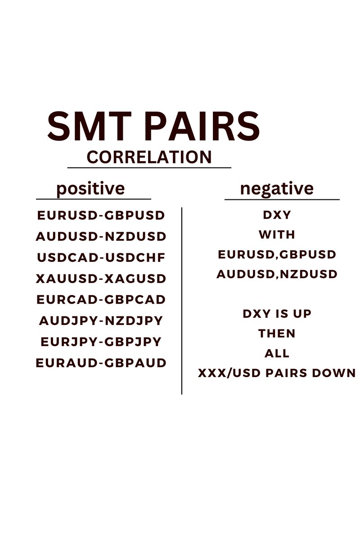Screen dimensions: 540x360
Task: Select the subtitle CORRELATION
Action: (149, 157)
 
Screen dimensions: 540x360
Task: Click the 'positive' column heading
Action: (90, 188)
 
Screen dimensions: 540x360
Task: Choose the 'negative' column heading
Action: (277, 188)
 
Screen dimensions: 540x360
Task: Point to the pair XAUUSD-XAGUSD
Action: (101, 279)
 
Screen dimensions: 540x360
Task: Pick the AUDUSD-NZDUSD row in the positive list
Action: (101, 236)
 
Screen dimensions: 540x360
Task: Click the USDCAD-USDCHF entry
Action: (101, 258)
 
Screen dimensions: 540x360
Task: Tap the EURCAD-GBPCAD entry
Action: (101, 299)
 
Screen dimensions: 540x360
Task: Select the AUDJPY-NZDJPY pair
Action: (101, 321)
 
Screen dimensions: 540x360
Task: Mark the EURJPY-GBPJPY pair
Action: (101, 342)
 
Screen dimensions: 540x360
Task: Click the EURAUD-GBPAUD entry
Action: (101, 363)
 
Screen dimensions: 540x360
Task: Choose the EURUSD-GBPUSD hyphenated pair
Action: (101, 215)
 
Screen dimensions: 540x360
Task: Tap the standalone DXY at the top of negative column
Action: (277, 215)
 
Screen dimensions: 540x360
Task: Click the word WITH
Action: (277, 234)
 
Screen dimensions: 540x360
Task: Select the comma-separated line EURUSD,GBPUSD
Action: (277, 255)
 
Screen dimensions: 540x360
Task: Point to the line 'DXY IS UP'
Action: (277, 314)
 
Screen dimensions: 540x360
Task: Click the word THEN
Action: (277, 333)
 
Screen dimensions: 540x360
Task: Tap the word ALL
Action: (277, 353)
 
